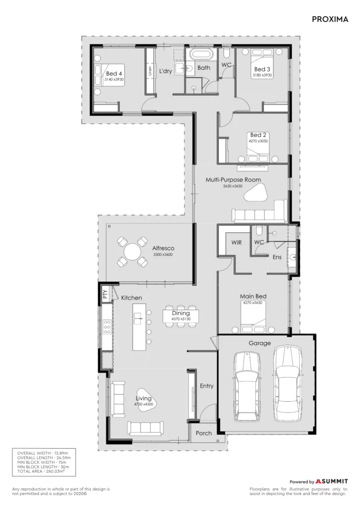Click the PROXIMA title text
pos(330,19)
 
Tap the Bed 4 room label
pos(114,74)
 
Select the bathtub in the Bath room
pos(201,54)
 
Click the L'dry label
pos(165,71)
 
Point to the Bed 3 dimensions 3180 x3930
pos(262,76)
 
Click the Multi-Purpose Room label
pos(233,179)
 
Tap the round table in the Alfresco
pos(132,252)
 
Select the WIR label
pos(236,243)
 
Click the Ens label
pos(277,257)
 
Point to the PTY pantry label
pos(105,294)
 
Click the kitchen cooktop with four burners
pos(107,327)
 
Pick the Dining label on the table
pos(181,313)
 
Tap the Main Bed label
pos(253,296)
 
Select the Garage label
pos(260,343)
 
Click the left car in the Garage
pos(247,386)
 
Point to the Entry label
pos(206,386)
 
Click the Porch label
pos(203,433)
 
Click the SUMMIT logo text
pos(334,481)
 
